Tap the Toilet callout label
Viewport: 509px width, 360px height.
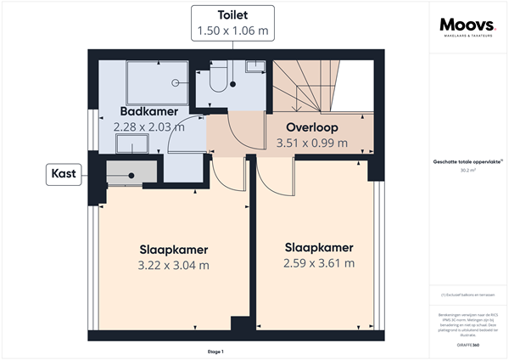click(x=232, y=15)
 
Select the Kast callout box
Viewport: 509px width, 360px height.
click(x=63, y=174)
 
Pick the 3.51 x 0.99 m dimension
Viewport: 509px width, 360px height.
click(x=312, y=143)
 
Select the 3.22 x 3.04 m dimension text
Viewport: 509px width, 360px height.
click(x=174, y=265)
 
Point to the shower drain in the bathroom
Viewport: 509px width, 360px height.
click(x=175, y=83)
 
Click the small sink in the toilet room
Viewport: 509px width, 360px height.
click(x=253, y=65)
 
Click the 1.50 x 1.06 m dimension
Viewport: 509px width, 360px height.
click(x=232, y=31)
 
